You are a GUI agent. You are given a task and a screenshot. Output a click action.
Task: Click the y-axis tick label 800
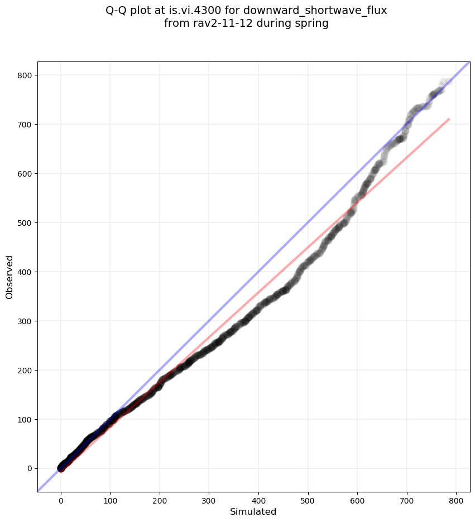tap(23, 75)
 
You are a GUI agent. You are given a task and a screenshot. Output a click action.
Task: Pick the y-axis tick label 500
tap(23, 222)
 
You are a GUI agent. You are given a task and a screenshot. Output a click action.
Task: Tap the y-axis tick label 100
tap(23, 419)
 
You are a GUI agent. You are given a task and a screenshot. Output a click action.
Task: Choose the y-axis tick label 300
tap(23, 321)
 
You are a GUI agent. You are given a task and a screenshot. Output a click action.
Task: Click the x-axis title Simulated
tap(253, 511)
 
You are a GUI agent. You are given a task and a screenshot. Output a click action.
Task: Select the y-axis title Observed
tap(9, 277)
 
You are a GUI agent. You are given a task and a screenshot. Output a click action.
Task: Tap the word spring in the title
tap(313, 24)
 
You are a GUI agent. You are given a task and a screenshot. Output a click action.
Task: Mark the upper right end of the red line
tap(449, 119)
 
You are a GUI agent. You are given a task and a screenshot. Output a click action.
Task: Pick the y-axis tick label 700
tap(23, 124)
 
